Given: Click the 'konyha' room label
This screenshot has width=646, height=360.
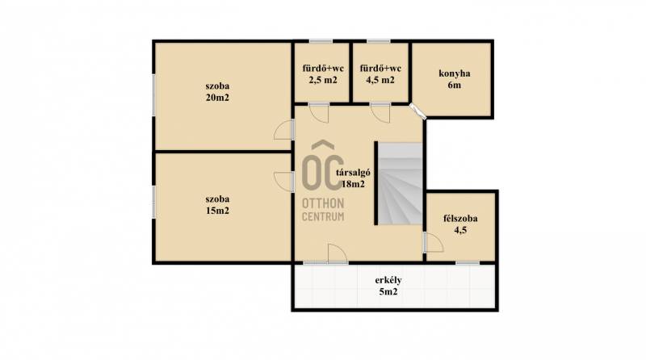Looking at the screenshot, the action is click(455, 73).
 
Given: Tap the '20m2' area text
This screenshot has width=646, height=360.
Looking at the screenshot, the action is click(217, 98).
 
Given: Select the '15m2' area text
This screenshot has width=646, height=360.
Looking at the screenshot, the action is click(217, 211).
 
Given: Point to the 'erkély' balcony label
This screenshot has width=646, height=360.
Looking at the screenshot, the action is click(388, 281).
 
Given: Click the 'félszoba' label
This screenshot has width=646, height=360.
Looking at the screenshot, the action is click(460, 218).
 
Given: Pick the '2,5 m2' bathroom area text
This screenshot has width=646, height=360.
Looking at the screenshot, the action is click(323, 80).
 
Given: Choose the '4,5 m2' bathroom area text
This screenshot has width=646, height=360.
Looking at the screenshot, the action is click(380, 80).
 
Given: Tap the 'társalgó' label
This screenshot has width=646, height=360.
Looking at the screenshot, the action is click(353, 173).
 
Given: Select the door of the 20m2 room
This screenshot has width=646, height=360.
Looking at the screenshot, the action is click(284, 130).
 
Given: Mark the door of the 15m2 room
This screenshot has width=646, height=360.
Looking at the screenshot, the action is click(284, 182).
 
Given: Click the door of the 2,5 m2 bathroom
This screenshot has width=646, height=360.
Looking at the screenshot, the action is click(319, 113).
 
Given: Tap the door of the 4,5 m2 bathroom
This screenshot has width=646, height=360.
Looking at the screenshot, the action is click(380, 113).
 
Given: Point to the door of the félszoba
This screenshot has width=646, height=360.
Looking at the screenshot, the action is click(433, 242).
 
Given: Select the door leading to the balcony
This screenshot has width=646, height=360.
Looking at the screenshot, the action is click(338, 253).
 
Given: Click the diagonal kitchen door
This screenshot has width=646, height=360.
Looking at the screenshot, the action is click(417, 111).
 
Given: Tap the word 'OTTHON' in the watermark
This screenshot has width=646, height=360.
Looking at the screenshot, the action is click(323, 203).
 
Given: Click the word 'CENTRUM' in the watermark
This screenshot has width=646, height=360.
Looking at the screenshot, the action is click(323, 216).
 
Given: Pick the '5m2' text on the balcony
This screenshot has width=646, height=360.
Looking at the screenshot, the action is click(388, 292).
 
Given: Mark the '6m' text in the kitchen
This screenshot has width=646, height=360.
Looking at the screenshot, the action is click(455, 86).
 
